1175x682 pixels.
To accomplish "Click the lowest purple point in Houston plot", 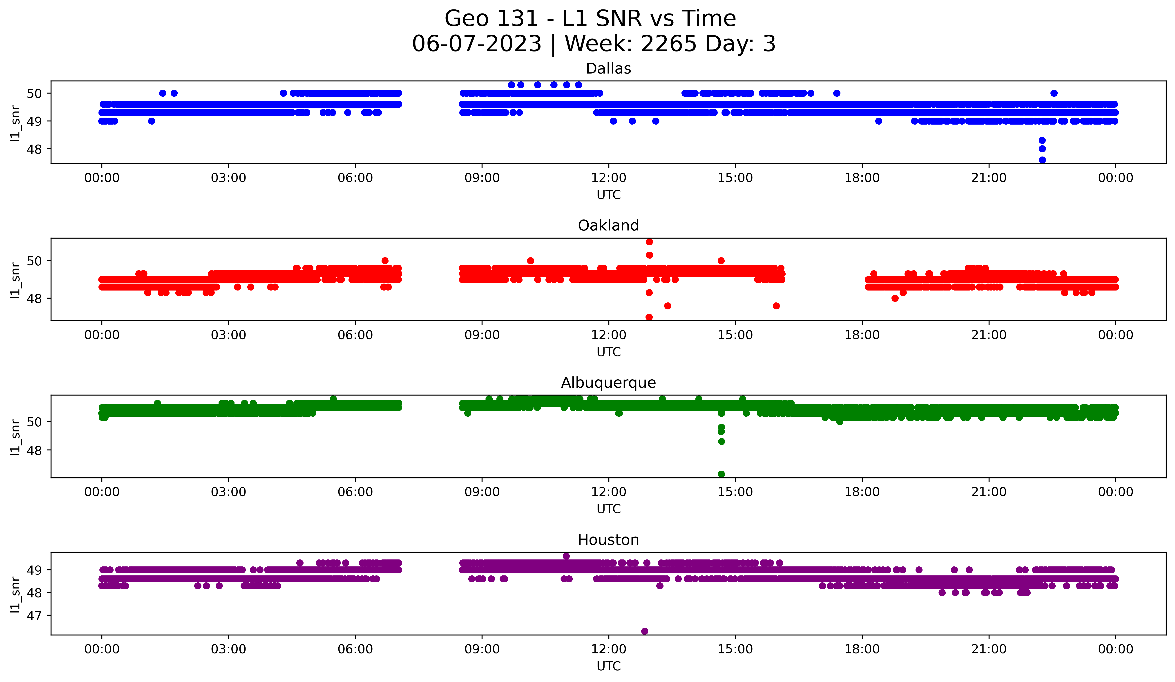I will point(644,631).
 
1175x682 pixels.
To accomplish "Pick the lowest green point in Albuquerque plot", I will point(721,474).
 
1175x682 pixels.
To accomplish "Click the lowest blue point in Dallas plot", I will point(1042,160).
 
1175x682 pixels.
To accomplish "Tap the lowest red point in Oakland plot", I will point(649,317).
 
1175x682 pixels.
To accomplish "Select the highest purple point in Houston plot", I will point(566,556).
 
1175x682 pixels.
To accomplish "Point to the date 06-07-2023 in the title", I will point(476,44).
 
